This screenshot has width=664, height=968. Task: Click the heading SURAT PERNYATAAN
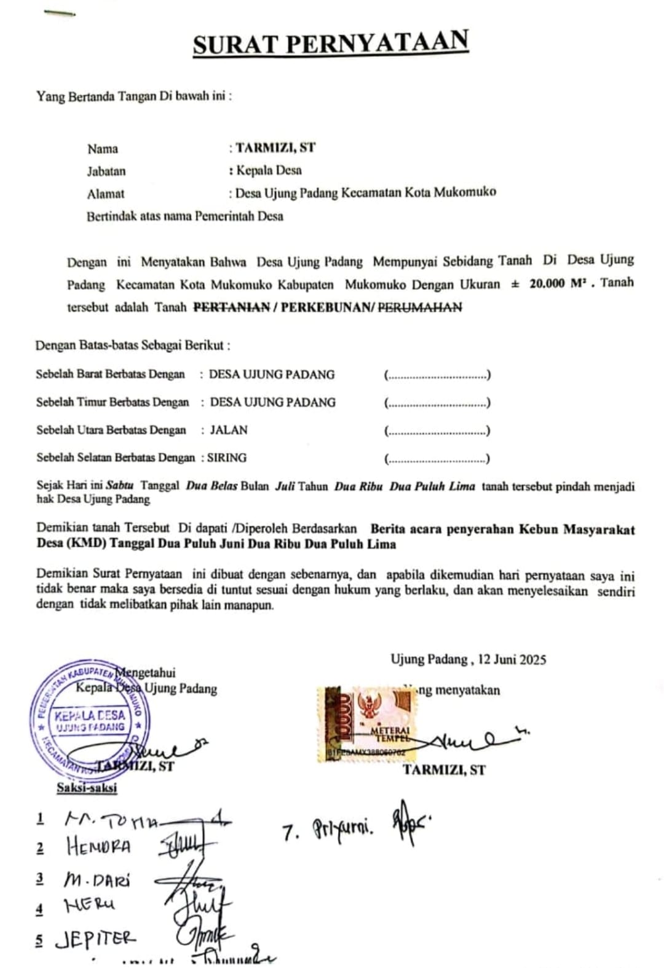(x=331, y=43)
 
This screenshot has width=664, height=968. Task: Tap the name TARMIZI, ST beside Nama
(x=275, y=148)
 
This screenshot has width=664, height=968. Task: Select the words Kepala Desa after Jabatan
(x=269, y=170)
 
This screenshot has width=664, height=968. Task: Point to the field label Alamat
(x=106, y=194)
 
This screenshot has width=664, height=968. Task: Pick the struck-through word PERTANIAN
(x=232, y=307)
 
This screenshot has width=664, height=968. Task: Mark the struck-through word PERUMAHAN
(x=419, y=307)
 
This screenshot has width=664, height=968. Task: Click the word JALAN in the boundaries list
(x=229, y=430)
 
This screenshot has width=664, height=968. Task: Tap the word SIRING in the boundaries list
(x=227, y=458)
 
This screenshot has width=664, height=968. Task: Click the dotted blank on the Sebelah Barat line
(x=437, y=375)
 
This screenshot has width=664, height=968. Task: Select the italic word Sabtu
(x=120, y=485)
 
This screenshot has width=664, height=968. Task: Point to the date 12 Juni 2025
(x=512, y=659)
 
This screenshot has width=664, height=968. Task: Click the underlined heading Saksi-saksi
(x=87, y=787)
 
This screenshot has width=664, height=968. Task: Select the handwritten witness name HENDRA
(x=98, y=847)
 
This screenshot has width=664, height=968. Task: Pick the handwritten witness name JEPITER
(x=95, y=938)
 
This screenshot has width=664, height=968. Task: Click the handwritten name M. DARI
(x=97, y=879)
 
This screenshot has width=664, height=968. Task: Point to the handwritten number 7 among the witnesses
(x=290, y=833)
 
